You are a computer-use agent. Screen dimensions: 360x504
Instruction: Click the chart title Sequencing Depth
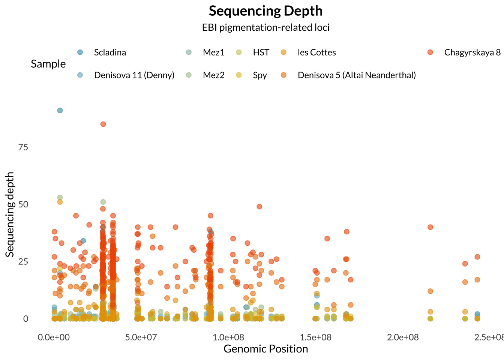265,11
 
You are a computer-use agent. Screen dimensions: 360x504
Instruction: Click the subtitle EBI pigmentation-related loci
265,27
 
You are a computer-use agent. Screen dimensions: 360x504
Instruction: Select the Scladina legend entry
110,52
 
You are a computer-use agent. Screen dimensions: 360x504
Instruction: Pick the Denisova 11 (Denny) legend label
134,75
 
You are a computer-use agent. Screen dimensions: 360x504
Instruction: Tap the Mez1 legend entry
213,52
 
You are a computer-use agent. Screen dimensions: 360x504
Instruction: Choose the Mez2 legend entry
213,75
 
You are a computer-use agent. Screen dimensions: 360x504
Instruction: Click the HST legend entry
261,52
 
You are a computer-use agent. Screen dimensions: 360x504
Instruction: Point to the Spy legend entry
260,75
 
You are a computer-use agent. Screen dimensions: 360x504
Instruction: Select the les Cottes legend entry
316,52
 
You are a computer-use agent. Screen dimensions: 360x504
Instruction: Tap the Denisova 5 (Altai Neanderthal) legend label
357,75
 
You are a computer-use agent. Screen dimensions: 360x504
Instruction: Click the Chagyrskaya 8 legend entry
472,52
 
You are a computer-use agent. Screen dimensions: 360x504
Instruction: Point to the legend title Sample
48,64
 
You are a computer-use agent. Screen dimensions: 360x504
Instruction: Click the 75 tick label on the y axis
23,147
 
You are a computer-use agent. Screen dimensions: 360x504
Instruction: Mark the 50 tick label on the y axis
23,204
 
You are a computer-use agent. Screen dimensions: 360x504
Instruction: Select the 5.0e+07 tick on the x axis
141,337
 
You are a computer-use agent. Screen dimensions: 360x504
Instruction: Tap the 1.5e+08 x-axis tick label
316,337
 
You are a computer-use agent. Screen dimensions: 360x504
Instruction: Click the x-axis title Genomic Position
265,349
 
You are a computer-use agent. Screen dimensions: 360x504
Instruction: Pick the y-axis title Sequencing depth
10,214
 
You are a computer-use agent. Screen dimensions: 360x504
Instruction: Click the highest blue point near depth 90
60,110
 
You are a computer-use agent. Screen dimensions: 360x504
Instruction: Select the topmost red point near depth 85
103,124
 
